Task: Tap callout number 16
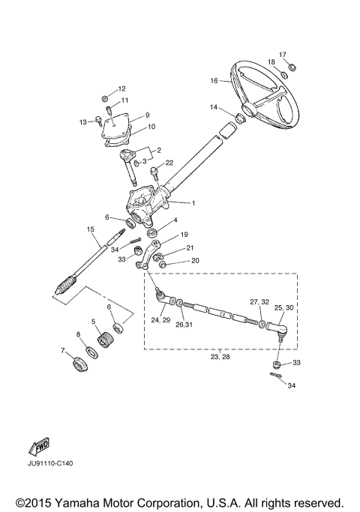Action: pyautogui.click(x=214, y=80)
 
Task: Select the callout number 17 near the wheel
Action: pyautogui.click(x=283, y=55)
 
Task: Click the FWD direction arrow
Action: pyautogui.click(x=40, y=448)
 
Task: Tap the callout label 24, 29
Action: pyautogui.click(x=160, y=319)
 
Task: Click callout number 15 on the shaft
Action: pyautogui.click(x=90, y=229)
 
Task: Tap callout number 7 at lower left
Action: pyautogui.click(x=62, y=350)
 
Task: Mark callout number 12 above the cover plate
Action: pyautogui.click(x=121, y=88)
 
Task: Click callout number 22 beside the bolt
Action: pyautogui.click(x=169, y=163)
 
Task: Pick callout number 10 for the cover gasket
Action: pyautogui.click(x=151, y=127)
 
